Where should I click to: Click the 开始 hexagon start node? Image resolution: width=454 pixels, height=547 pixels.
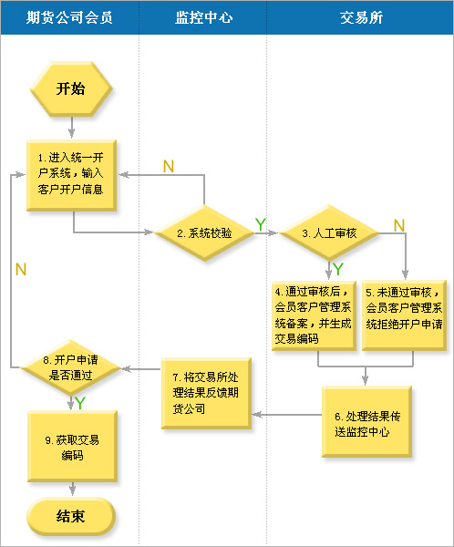click(71, 88)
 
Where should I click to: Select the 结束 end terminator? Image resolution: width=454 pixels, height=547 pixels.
click(71, 516)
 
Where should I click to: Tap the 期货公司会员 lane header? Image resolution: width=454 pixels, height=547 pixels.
click(69, 17)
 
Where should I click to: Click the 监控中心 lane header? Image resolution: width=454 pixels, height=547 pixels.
click(203, 17)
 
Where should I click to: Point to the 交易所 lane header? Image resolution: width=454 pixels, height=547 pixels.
click(361, 17)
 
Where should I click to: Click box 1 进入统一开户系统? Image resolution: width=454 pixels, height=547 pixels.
click(71, 175)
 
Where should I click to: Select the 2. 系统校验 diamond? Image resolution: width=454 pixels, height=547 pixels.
click(204, 233)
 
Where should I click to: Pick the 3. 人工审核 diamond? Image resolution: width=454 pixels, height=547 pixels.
click(329, 233)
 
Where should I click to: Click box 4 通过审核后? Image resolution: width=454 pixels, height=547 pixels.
click(315, 315)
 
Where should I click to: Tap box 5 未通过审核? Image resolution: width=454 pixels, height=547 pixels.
click(405, 315)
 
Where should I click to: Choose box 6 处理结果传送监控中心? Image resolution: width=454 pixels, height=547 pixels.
click(366, 421)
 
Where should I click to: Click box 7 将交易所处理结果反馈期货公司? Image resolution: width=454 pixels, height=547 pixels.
click(206, 393)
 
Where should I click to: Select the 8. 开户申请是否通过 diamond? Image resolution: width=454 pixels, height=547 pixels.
click(71, 367)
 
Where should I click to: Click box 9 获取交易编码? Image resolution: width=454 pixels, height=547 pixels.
click(72, 447)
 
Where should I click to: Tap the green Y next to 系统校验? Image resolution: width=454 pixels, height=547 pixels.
click(261, 224)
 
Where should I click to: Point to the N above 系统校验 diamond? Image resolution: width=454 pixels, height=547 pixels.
click(169, 167)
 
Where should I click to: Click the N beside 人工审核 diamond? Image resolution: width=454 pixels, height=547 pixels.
click(399, 225)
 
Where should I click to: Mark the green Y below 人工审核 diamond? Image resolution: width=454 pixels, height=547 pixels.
click(338, 269)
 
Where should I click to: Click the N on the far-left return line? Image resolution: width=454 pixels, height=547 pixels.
click(21, 270)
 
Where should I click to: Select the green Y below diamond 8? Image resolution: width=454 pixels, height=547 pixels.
click(80, 403)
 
